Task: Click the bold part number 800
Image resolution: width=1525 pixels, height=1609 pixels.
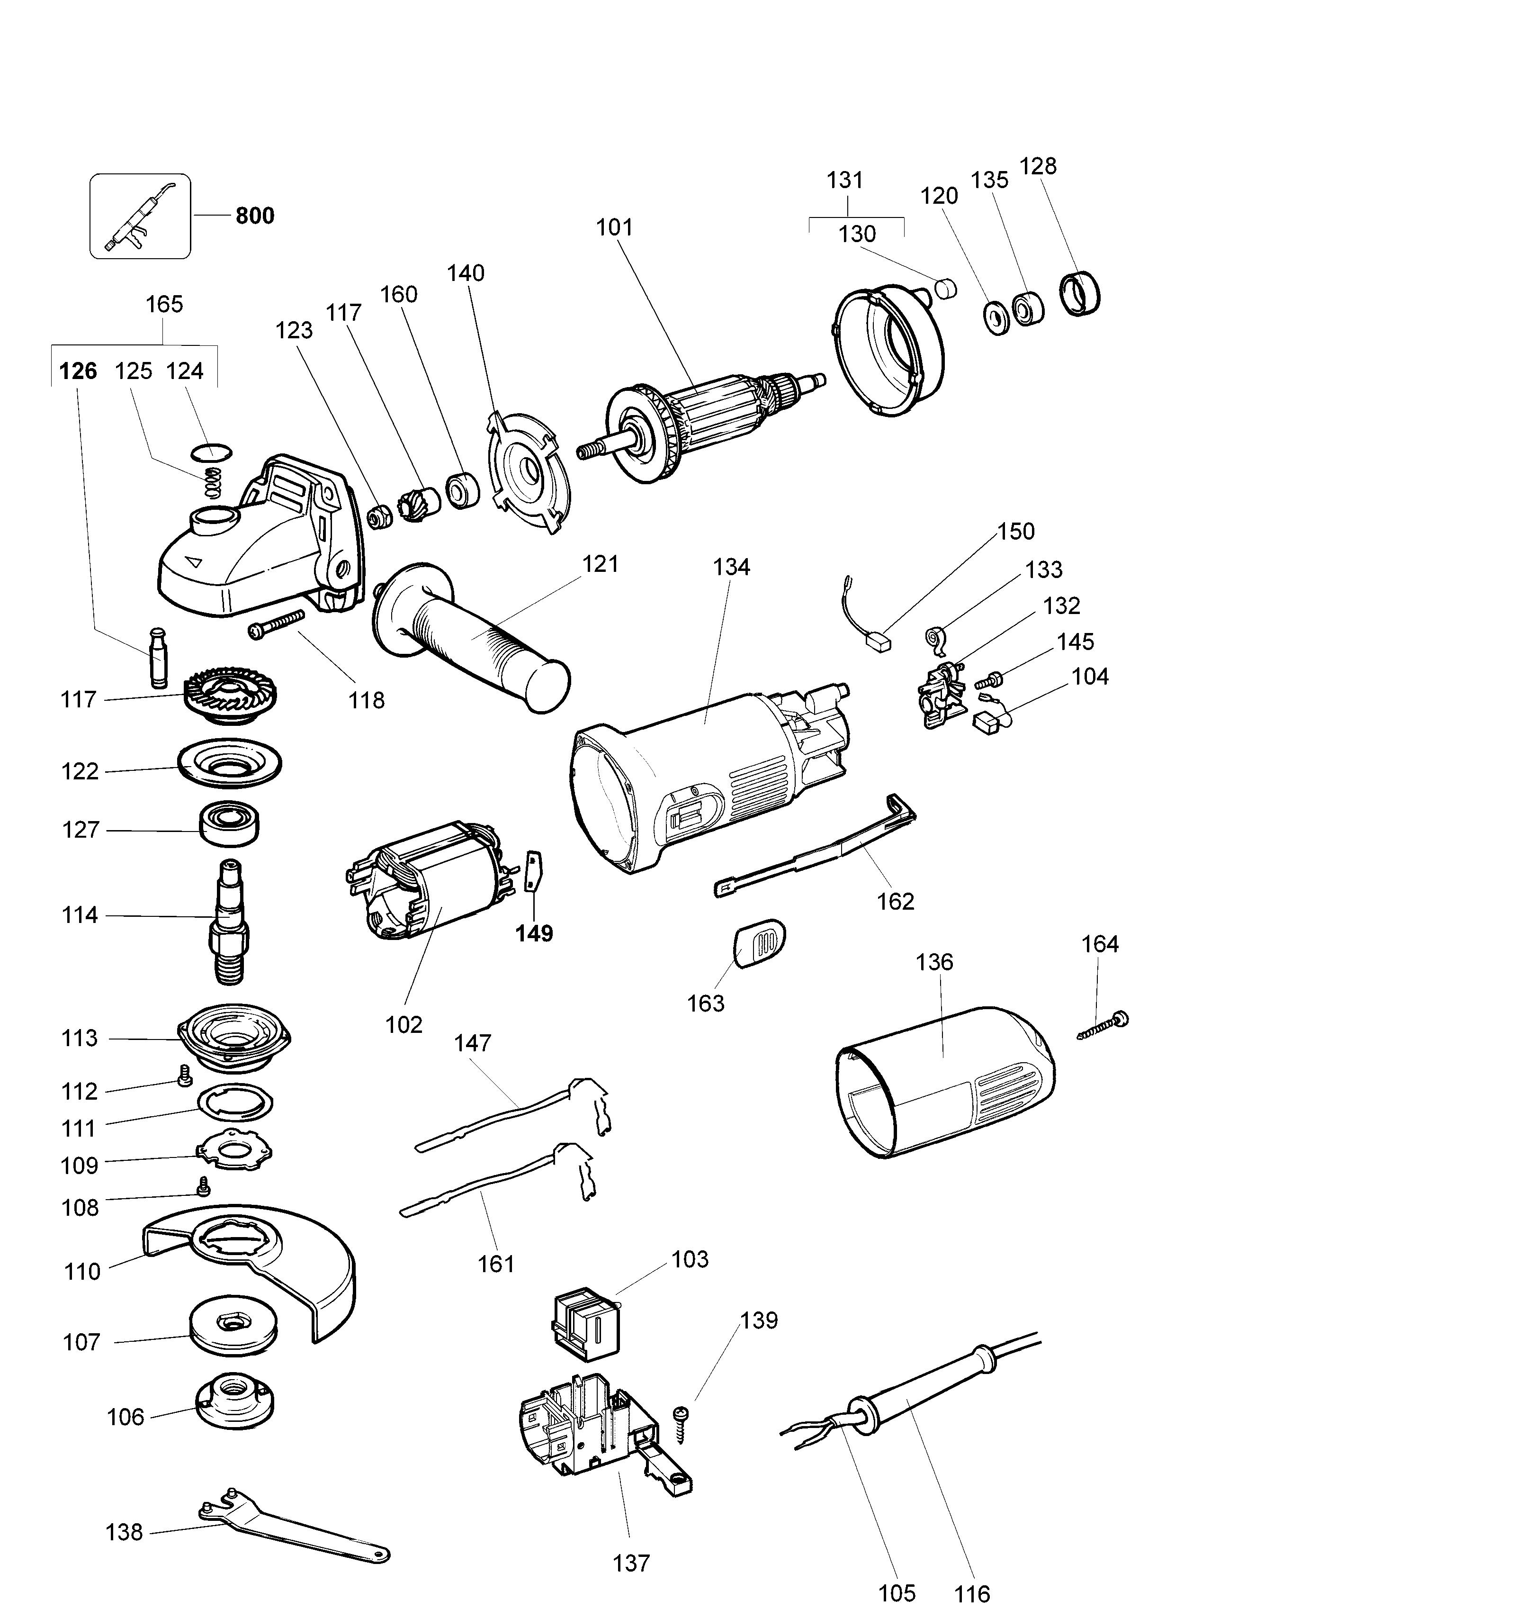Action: [x=254, y=216]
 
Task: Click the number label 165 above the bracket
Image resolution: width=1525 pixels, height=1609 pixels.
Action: [x=164, y=304]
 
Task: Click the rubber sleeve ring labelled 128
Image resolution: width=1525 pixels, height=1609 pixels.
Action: [x=1081, y=294]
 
